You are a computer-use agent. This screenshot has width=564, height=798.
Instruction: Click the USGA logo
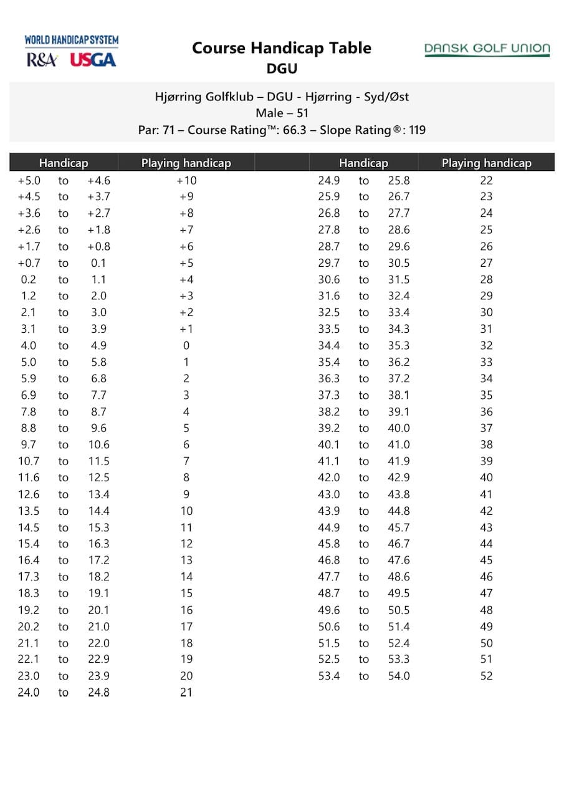point(93,60)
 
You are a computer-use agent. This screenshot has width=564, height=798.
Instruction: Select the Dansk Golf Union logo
point(487,49)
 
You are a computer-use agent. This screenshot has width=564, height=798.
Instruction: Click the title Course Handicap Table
point(282,48)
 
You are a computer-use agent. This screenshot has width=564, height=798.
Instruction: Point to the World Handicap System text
point(72,41)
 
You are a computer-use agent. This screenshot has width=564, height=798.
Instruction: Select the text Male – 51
point(282,113)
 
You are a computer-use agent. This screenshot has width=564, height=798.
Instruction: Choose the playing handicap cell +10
point(186,181)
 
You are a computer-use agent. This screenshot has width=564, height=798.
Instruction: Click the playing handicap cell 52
point(486,676)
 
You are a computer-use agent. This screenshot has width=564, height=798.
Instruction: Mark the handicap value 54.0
point(399,676)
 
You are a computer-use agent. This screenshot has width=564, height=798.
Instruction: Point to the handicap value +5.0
point(29,181)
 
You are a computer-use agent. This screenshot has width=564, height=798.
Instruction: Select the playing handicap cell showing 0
point(186,346)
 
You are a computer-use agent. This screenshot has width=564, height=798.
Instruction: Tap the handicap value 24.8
point(98,692)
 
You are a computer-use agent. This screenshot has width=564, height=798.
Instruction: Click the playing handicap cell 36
point(486,412)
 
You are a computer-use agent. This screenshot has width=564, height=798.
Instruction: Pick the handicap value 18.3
point(29,594)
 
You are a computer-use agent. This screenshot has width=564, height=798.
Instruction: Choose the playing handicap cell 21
point(186,692)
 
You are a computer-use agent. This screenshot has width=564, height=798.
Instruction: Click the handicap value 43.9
point(329,511)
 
